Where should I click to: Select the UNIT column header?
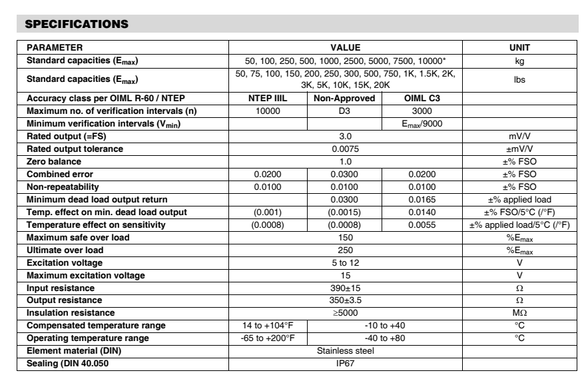[x=519, y=48]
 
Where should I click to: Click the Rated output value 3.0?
[x=345, y=137]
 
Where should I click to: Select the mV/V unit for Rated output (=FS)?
[x=519, y=137]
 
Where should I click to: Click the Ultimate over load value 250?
[x=345, y=250]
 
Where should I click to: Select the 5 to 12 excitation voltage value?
[x=345, y=262]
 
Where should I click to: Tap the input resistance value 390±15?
[x=345, y=288]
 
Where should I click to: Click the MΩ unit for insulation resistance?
[x=519, y=313]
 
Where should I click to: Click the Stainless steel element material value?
[x=345, y=350]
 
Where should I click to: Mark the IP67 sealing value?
[x=345, y=363]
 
